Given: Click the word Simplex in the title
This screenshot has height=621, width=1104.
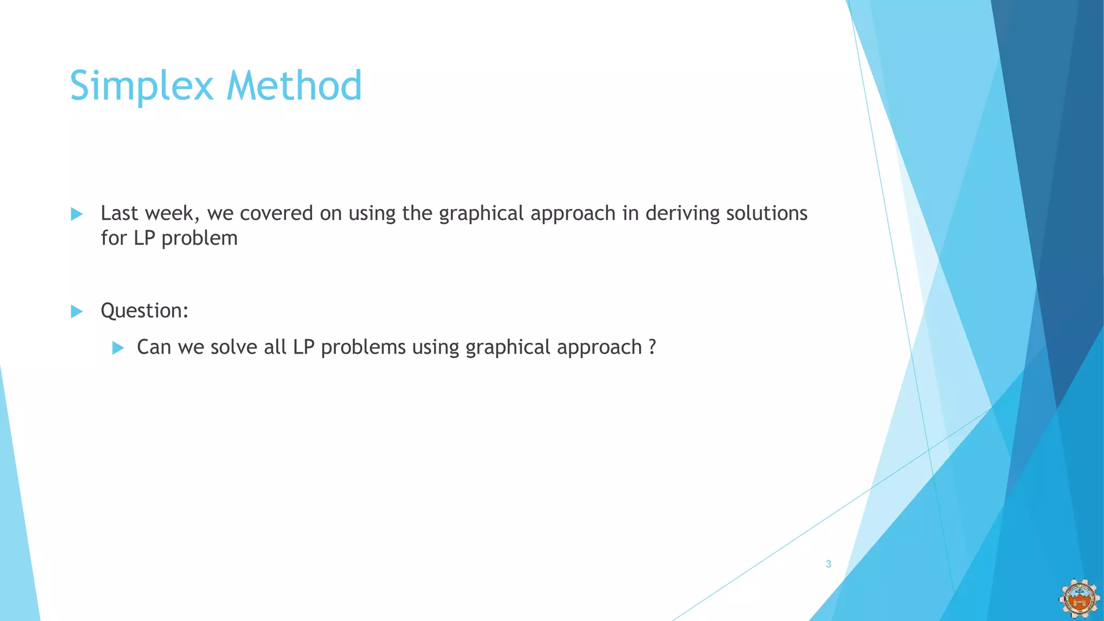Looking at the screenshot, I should (x=141, y=86).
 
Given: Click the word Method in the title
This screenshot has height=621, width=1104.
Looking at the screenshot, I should (x=294, y=86).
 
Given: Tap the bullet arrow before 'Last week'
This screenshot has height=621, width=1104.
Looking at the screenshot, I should (x=77, y=214).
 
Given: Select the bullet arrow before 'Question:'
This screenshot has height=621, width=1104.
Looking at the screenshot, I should (x=77, y=311).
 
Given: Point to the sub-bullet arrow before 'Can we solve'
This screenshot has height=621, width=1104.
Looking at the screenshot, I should (x=118, y=348).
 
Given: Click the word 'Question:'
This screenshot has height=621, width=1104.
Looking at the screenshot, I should (x=144, y=311).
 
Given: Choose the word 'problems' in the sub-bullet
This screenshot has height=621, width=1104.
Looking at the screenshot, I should (x=363, y=348).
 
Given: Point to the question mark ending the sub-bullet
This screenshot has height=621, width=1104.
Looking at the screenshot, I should (x=652, y=347).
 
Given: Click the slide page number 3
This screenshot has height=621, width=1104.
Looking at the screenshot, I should (x=829, y=564).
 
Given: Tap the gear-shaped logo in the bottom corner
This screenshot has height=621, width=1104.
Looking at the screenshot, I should (x=1079, y=599).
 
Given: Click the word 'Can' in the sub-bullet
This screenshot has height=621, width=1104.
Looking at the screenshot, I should (x=154, y=347).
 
